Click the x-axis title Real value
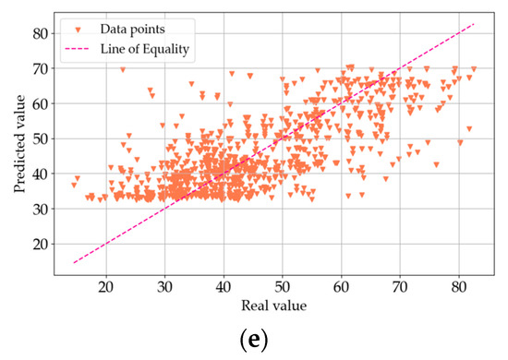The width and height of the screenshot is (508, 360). tap(274, 305)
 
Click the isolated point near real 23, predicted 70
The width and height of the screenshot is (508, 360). tap(123, 69)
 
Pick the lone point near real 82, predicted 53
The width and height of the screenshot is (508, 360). tap(469, 128)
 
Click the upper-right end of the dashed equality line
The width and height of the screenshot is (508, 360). tap(474, 24)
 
